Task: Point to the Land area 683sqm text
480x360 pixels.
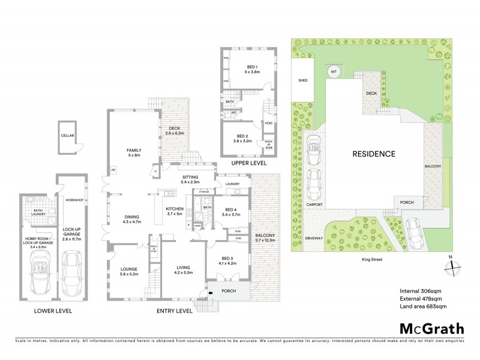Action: pos(424,307)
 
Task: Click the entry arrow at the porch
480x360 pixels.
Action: pos(211,292)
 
